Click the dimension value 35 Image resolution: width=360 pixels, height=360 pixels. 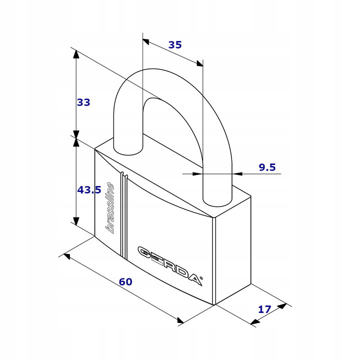pyautogui.click(x=175, y=45)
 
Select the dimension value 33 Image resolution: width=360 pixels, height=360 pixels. pyautogui.click(x=83, y=102)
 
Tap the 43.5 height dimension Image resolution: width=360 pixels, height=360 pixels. pyautogui.click(x=89, y=190)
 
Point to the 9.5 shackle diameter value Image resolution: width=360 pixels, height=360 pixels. pyautogui.click(x=267, y=167)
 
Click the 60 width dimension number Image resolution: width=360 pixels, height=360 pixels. pyautogui.click(x=125, y=282)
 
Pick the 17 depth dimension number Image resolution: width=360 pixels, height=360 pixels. pyautogui.click(x=264, y=309)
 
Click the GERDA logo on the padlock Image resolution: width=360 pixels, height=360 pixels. pyautogui.click(x=170, y=265)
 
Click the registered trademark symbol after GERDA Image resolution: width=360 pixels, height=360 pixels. pyautogui.click(x=201, y=278)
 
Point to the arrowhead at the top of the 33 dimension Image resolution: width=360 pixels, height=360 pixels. pyautogui.click(x=76, y=53)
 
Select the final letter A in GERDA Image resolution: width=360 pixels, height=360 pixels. pyautogui.click(x=195, y=279)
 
